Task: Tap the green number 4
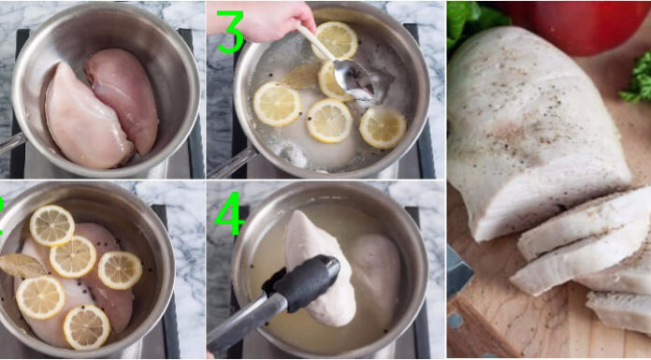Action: pos(230,214)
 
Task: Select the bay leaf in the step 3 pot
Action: pos(302,76)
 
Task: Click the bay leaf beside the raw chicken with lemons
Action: pos(21,266)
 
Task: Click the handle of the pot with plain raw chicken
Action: pos(8,143)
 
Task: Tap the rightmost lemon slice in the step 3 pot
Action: pos(383,127)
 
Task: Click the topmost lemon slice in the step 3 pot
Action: pos(338,39)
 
